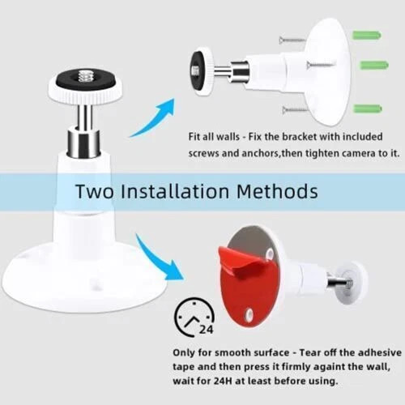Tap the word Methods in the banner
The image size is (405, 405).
pyautogui.click(x=279, y=192)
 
